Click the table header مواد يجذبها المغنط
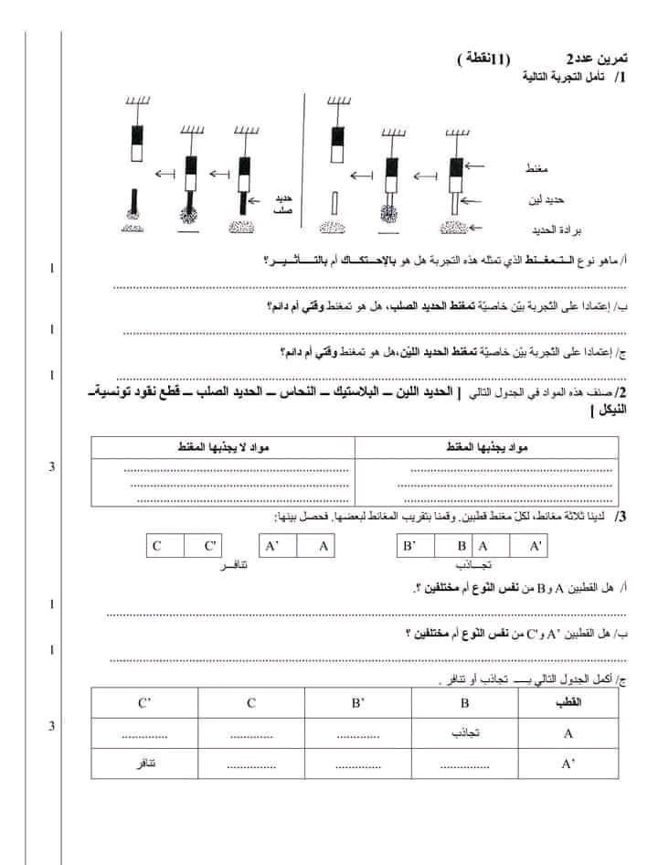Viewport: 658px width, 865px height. click(x=492, y=445)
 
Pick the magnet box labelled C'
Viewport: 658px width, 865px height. click(x=211, y=546)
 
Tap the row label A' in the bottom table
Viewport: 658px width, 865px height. click(x=568, y=763)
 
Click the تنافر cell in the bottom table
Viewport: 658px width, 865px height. click(x=143, y=763)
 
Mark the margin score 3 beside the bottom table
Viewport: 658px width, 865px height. click(x=52, y=726)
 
